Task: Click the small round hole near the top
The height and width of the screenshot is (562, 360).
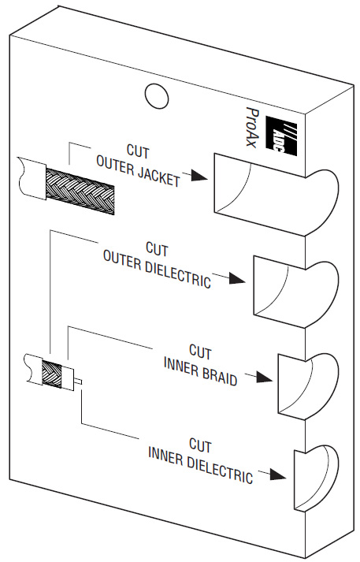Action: click(x=157, y=95)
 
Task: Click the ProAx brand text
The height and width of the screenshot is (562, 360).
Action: click(x=252, y=126)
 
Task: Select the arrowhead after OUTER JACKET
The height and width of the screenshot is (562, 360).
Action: click(x=199, y=175)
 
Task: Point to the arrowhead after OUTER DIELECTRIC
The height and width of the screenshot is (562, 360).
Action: click(x=237, y=278)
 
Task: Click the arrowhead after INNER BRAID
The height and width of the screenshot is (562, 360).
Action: click(x=264, y=377)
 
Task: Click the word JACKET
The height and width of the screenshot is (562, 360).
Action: click(x=158, y=175)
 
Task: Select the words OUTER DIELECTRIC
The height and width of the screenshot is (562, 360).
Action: click(x=157, y=269)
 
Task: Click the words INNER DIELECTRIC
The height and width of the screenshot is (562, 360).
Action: click(x=201, y=465)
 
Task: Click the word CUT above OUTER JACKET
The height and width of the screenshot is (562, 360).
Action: click(x=138, y=151)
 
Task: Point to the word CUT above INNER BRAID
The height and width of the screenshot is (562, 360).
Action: click(x=200, y=352)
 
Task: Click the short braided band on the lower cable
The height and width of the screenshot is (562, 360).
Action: click(x=52, y=374)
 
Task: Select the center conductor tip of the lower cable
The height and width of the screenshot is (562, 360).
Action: click(x=78, y=381)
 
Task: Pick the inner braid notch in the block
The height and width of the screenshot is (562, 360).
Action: click(x=308, y=386)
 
